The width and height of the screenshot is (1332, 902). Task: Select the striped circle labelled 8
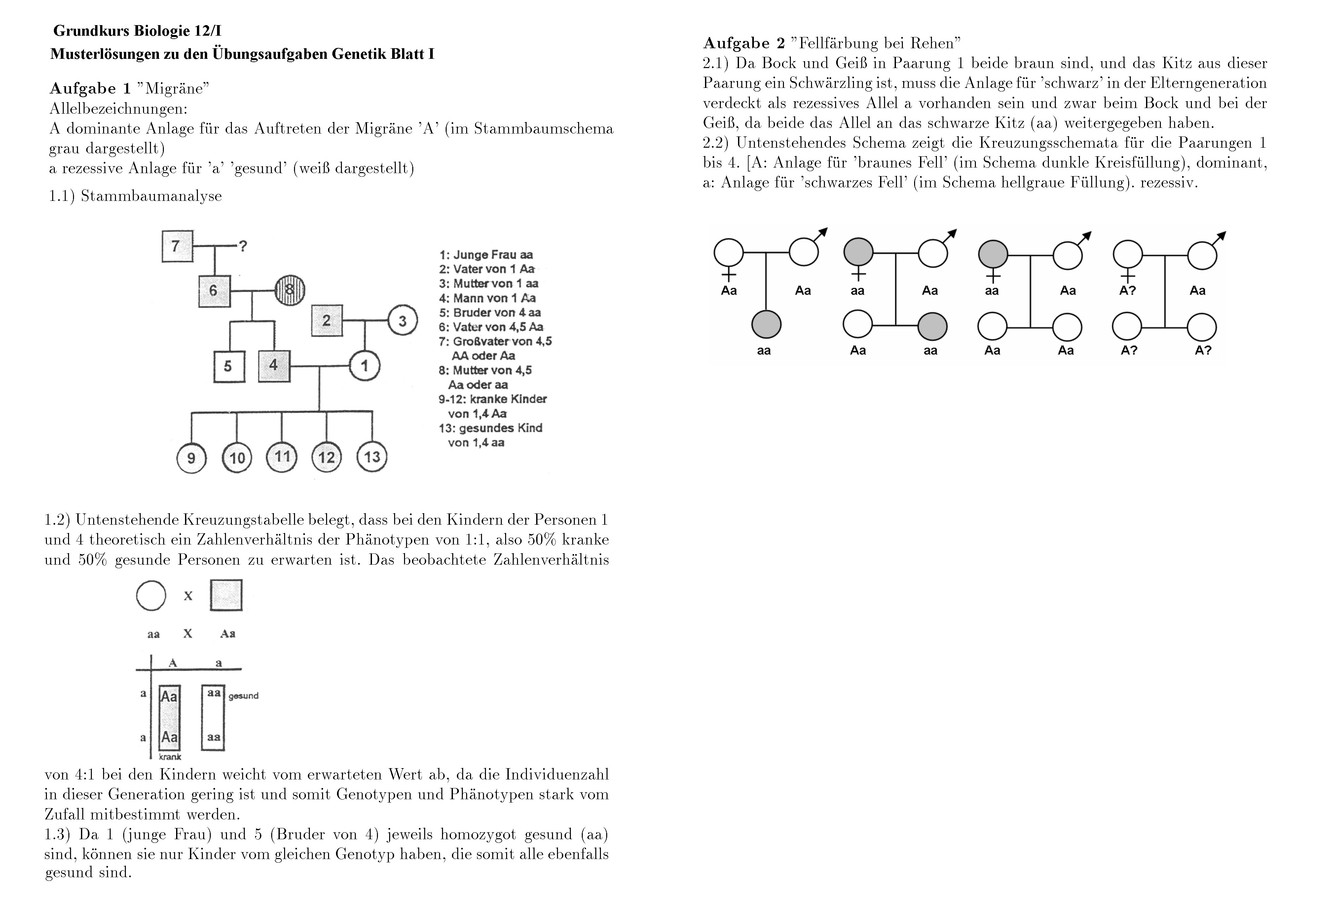pos(290,290)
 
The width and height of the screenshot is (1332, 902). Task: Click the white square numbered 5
pos(229,366)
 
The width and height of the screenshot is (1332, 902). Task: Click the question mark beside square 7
pos(243,246)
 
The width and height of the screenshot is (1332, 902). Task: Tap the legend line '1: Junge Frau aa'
pos(486,255)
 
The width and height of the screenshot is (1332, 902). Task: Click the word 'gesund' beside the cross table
pos(243,696)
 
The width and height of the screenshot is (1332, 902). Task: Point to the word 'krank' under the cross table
pos(170,757)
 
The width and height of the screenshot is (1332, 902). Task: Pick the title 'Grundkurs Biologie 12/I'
pos(137,30)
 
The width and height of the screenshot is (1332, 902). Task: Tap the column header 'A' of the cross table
pos(172,663)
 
